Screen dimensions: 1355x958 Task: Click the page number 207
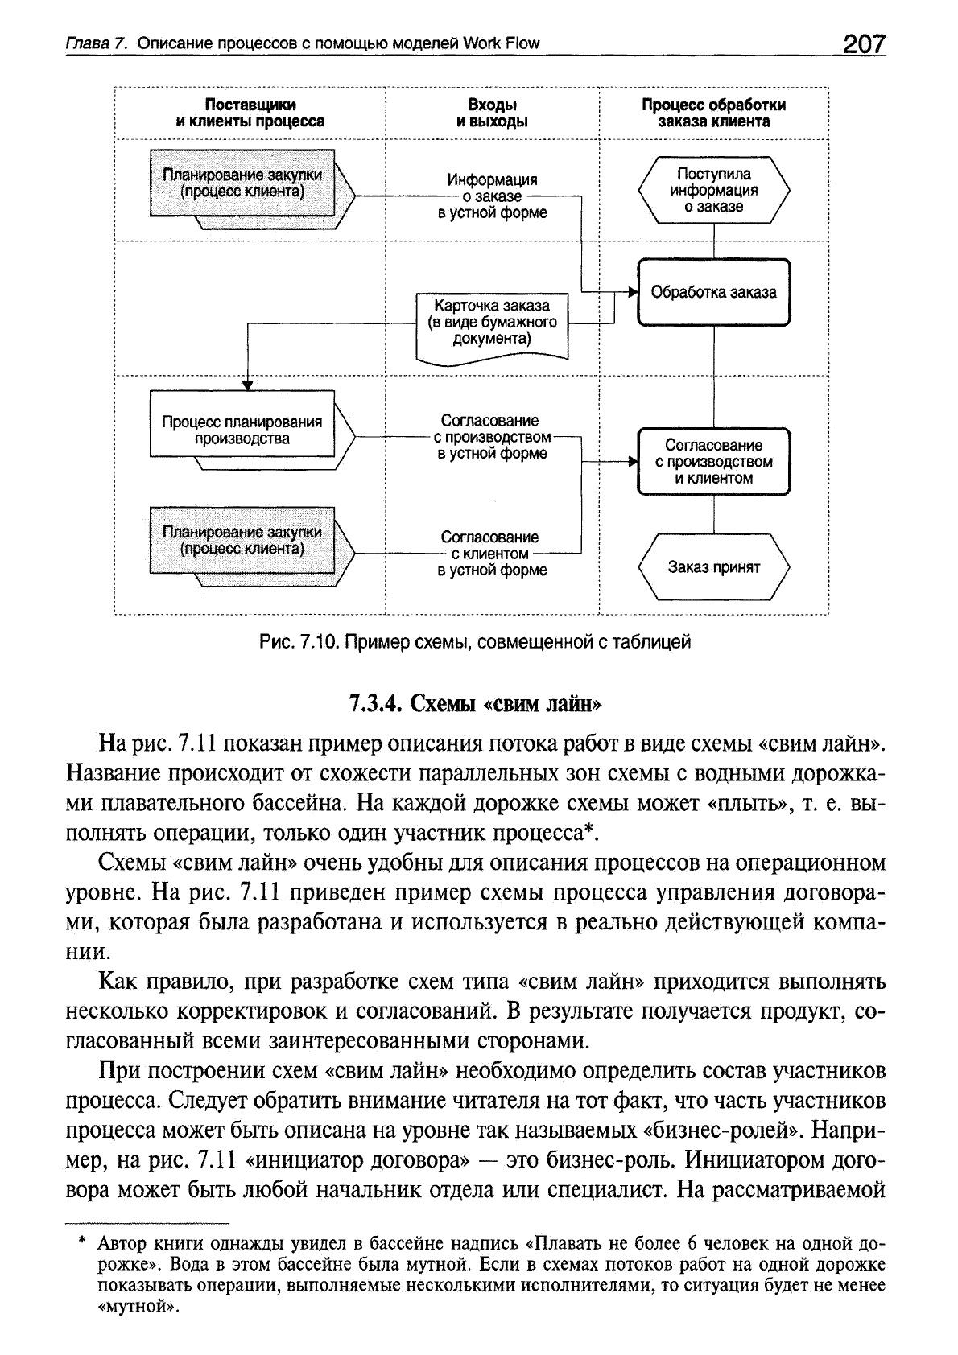coord(863,43)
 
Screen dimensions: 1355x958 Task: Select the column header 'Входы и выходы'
coord(492,113)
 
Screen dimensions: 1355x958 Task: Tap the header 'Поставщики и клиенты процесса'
coord(250,113)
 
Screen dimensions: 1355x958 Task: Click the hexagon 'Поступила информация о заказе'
coord(714,190)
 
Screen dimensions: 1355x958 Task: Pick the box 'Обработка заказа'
coord(714,292)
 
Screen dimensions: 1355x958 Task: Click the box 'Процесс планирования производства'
coord(242,430)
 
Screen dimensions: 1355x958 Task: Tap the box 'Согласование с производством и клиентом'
coord(714,462)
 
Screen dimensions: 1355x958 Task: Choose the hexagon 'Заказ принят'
coord(714,567)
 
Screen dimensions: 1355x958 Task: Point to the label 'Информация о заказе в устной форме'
coord(492,196)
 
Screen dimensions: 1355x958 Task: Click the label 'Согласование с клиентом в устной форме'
coord(492,554)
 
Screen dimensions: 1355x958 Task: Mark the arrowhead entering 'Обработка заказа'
coord(633,291)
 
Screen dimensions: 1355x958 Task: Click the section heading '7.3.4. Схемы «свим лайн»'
coord(476,703)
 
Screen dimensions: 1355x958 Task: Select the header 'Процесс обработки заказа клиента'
coord(714,113)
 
